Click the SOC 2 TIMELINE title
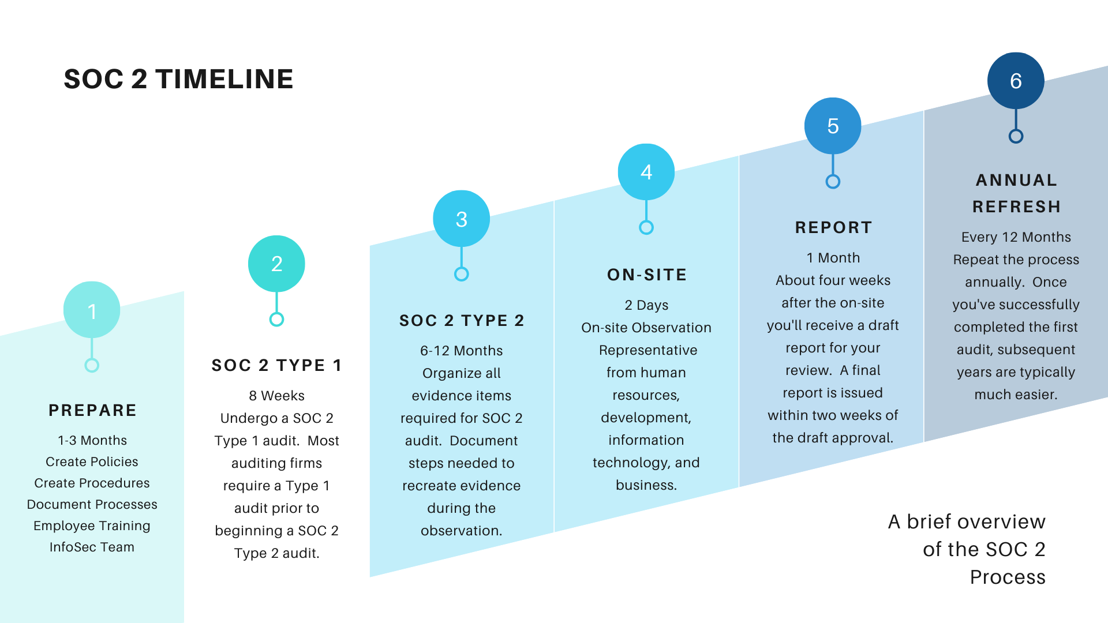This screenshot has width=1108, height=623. click(x=178, y=79)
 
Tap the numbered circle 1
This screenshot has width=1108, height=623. click(x=92, y=310)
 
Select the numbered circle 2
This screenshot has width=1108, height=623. click(x=276, y=264)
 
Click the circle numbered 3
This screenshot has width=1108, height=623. click(x=461, y=219)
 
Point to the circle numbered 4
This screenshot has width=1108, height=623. click(x=646, y=172)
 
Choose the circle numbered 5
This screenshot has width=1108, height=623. click(x=833, y=126)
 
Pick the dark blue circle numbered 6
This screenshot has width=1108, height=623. click(x=1016, y=81)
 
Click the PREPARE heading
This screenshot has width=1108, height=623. click(x=92, y=410)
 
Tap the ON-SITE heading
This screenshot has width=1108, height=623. click(x=647, y=275)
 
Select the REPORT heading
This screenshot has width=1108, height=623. click(x=833, y=227)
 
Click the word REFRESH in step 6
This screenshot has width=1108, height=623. click(x=1016, y=207)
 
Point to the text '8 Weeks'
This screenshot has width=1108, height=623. click(x=276, y=396)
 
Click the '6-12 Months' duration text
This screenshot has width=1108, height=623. click(x=461, y=351)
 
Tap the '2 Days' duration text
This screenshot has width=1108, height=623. click(x=646, y=305)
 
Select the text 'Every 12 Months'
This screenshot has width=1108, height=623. click(x=1016, y=237)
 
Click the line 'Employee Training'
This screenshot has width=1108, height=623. click(x=92, y=526)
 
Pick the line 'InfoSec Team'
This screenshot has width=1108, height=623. click(x=92, y=547)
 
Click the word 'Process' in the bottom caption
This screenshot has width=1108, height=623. click(x=1008, y=577)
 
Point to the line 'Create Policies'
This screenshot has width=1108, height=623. click(x=92, y=461)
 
